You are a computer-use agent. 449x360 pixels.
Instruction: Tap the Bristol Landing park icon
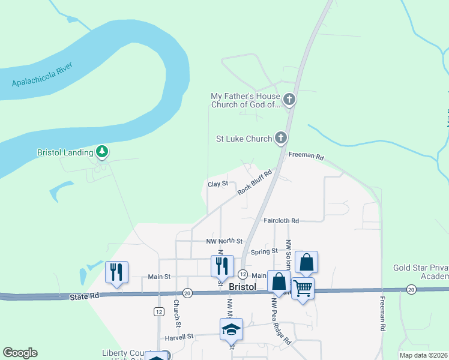(x=103, y=152)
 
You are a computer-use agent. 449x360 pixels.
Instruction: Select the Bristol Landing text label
(x=65, y=152)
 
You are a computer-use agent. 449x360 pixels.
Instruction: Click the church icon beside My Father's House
(x=289, y=99)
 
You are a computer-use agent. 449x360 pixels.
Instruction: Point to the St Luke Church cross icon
(x=280, y=139)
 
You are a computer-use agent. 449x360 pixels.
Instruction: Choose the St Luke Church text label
(x=244, y=139)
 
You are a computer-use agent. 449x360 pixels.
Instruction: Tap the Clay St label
(x=218, y=184)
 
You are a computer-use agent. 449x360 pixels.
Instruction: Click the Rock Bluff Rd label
(x=255, y=182)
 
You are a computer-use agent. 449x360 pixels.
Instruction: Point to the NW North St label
(x=224, y=241)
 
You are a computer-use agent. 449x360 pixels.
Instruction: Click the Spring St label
(x=265, y=251)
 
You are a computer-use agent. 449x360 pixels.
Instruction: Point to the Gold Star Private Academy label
(x=421, y=272)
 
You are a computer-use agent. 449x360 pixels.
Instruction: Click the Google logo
(x=20, y=352)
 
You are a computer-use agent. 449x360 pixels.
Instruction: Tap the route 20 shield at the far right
(x=411, y=290)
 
